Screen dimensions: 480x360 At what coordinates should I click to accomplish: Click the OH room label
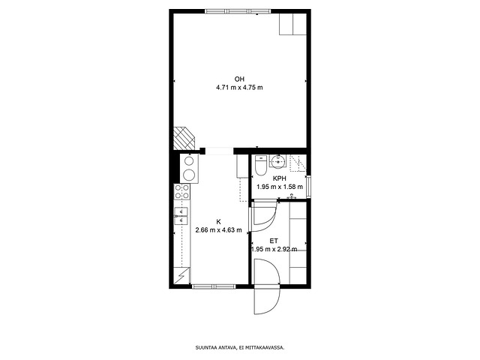click(x=239, y=79)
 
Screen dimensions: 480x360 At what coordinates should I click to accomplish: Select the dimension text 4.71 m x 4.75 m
click(x=239, y=88)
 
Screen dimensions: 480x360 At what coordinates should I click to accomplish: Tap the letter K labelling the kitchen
click(x=218, y=222)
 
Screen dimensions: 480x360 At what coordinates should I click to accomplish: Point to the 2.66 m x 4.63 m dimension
click(x=218, y=230)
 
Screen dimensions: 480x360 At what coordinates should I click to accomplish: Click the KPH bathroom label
click(x=280, y=178)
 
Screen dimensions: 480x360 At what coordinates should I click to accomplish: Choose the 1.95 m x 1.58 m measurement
click(x=280, y=187)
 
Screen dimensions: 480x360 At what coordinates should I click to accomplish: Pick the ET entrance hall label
click(x=274, y=241)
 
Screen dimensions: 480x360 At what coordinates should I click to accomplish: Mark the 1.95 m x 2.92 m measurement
click(x=274, y=249)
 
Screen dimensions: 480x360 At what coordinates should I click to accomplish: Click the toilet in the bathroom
click(x=261, y=166)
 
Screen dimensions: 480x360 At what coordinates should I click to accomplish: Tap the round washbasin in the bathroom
click(x=277, y=161)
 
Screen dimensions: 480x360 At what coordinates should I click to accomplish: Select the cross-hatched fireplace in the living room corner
click(x=184, y=139)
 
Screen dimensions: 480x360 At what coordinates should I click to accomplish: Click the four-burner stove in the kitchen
click(x=181, y=192)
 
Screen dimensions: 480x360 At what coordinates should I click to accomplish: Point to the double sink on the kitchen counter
click(x=181, y=216)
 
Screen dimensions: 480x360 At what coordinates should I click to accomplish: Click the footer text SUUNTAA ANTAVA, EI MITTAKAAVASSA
click(x=240, y=347)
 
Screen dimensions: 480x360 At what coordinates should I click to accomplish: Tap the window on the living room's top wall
click(x=238, y=12)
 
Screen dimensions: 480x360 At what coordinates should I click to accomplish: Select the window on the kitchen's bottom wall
click(x=214, y=286)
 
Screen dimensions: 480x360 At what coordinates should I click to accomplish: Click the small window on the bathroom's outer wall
click(x=309, y=186)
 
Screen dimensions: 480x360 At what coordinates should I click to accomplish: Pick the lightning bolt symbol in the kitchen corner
click(x=181, y=276)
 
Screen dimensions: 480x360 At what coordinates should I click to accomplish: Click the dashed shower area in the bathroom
click(x=298, y=163)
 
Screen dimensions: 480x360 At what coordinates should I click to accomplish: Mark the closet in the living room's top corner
click(x=293, y=24)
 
